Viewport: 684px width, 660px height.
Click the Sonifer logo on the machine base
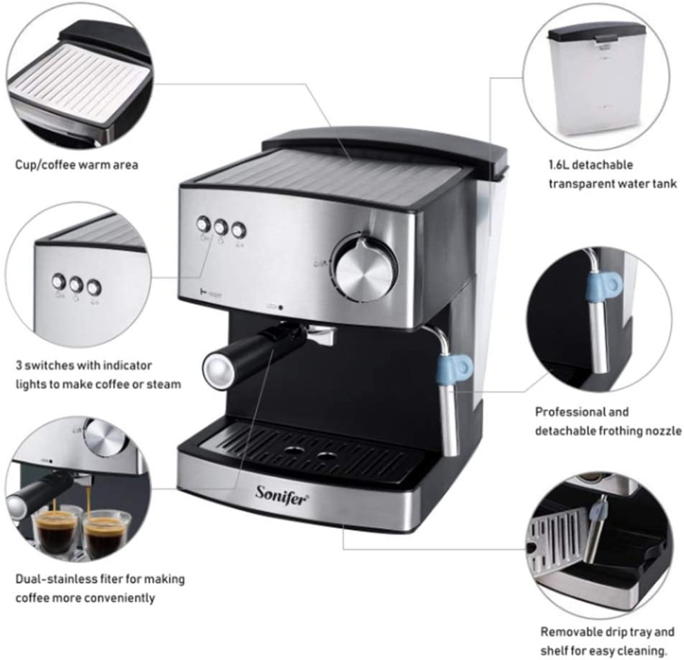point(282,495)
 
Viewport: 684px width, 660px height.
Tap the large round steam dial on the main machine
point(364,267)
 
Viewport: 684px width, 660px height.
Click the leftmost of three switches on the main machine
point(203,224)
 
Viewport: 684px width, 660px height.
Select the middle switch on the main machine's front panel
point(220,227)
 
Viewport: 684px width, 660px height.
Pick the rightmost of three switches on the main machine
point(238,230)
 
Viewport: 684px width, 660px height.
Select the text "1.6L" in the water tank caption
point(559,165)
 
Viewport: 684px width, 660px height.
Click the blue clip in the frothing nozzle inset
point(604,285)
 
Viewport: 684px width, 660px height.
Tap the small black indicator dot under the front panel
point(281,308)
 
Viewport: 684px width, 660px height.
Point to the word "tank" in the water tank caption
point(665,184)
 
